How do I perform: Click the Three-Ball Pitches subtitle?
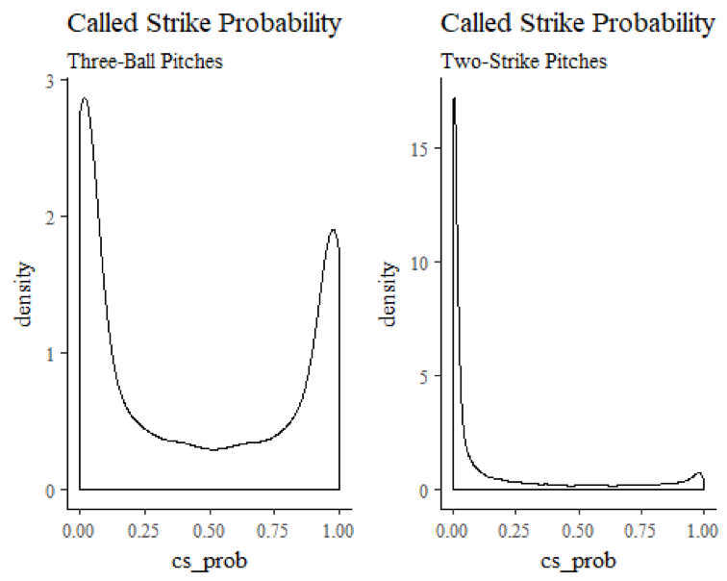(145, 62)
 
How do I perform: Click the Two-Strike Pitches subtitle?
(524, 62)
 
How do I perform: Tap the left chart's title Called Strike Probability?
(204, 24)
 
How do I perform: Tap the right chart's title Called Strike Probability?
(577, 24)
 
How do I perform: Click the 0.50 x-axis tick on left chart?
(210, 529)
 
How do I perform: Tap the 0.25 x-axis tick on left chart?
(144, 529)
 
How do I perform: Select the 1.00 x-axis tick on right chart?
(703, 529)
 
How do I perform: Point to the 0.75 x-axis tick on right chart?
(640, 529)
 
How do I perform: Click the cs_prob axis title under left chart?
(210, 560)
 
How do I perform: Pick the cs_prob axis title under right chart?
(578, 560)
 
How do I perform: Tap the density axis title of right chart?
(393, 286)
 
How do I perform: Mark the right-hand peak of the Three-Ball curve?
(333, 230)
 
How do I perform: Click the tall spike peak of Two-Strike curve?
(454, 98)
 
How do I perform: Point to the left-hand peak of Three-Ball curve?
(85, 98)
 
